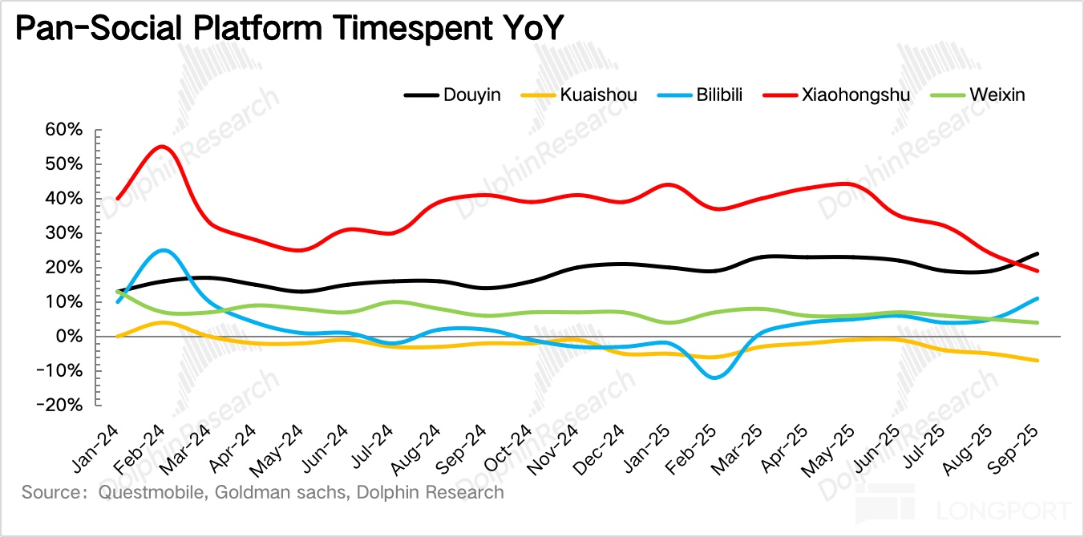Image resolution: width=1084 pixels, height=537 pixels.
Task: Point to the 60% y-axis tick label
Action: click(64, 130)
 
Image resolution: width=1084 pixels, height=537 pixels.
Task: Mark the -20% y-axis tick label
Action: click(60, 406)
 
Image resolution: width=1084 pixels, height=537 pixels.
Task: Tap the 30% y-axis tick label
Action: click(64, 233)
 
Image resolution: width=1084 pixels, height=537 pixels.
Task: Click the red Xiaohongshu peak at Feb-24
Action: click(162, 147)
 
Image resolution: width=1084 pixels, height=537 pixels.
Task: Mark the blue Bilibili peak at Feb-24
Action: click(163, 250)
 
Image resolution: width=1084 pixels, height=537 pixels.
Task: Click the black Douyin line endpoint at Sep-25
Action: click(1039, 253)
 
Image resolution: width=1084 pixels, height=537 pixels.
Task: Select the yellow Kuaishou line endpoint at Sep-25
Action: click(1039, 361)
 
